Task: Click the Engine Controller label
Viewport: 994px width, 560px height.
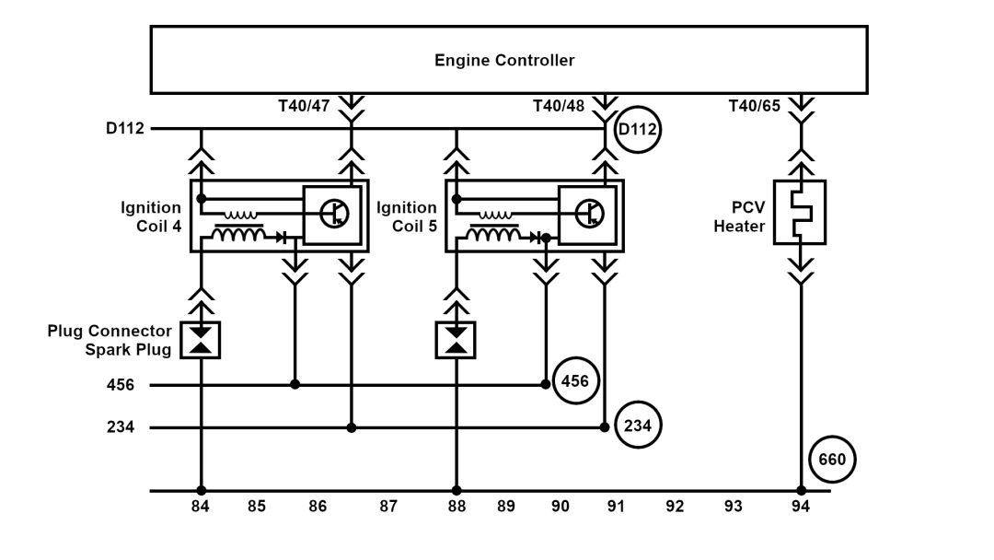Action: pyautogui.click(x=504, y=61)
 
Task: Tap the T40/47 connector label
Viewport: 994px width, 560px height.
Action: pyautogui.click(x=303, y=106)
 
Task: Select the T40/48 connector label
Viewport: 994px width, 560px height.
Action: pyautogui.click(x=559, y=106)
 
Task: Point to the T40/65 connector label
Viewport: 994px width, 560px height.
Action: pyautogui.click(x=755, y=106)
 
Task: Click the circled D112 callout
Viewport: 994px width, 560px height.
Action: pyautogui.click(x=637, y=129)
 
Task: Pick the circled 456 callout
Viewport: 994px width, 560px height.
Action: pyautogui.click(x=575, y=380)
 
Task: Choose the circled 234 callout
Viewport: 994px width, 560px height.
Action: pyautogui.click(x=638, y=426)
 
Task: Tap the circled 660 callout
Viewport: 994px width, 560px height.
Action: pyautogui.click(x=833, y=459)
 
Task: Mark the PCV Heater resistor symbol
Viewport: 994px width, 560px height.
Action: pyautogui.click(x=800, y=212)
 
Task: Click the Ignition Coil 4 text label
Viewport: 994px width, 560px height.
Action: pyautogui.click(x=151, y=217)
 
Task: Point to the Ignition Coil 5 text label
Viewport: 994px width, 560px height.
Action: pyautogui.click(x=407, y=217)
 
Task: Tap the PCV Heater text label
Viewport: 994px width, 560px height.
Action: pyautogui.click(x=739, y=217)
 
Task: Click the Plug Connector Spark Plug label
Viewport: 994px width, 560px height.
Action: pyautogui.click(x=110, y=340)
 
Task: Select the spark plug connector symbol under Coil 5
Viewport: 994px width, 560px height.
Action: pyautogui.click(x=455, y=340)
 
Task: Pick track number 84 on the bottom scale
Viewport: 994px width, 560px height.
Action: pyautogui.click(x=201, y=506)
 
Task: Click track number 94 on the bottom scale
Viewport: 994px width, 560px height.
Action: pyautogui.click(x=801, y=506)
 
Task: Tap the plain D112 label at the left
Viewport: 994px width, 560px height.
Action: pyautogui.click(x=125, y=129)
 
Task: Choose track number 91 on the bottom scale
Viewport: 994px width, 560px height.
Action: pyautogui.click(x=616, y=506)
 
